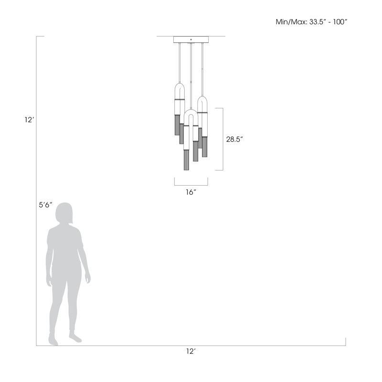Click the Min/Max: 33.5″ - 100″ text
click(x=311, y=22)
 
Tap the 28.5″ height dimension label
click(x=234, y=139)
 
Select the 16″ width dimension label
click(x=191, y=192)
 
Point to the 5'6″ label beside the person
click(x=45, y=205)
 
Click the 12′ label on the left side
click(x=29, y=120)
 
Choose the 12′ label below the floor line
click(x=191, y=351)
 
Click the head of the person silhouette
click(x=64, y=213)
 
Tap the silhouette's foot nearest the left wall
click(x=53, y=340)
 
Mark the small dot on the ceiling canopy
click(x=191, y=40)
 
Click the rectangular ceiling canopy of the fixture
click(x=191, y=40)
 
